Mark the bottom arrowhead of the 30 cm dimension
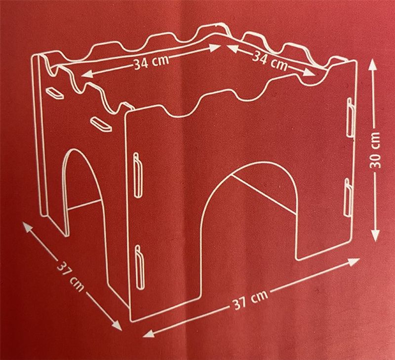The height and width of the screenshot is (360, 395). pyautogui.click(x=375, y=235)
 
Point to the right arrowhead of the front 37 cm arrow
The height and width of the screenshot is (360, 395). pyautogui.click(x=353, y=262)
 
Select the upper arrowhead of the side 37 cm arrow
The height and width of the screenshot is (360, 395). pyautogui.click(x=28, y=227)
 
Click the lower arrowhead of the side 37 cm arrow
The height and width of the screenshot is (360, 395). pyautogui.click(x=117, y=325)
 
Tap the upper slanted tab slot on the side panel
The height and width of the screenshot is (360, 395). pyautogui.click(x=54, y=93)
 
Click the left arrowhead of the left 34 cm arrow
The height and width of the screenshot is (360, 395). pyautogui.click(x=86, y=74)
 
